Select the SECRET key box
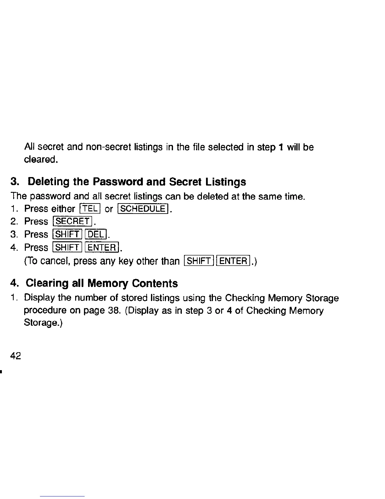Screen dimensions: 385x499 (x=72, y=221)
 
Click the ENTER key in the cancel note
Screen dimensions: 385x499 (x=234, y=261)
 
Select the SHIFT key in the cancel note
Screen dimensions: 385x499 (x=200, y=261)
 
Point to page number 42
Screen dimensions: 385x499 (x=16, y=356)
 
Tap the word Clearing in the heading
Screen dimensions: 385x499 (x=47, y=283)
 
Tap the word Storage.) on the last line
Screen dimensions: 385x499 (x=43, y=324)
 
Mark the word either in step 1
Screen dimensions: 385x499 (x=63, y=209)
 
